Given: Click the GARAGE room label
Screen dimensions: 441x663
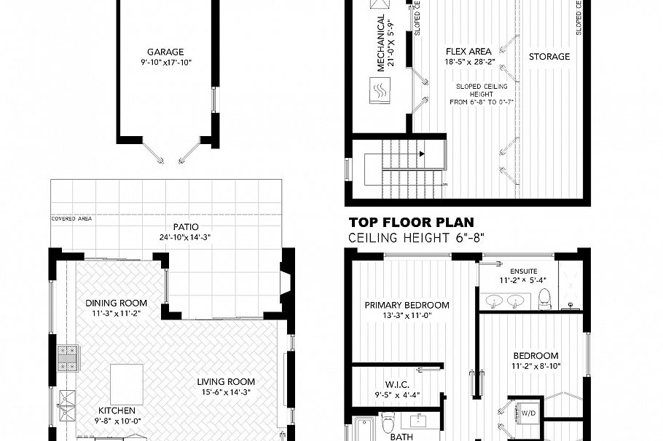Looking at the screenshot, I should [165, 52].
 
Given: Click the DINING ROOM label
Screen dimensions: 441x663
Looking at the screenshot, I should [116, 303].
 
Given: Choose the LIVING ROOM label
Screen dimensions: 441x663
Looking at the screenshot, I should [226, 381].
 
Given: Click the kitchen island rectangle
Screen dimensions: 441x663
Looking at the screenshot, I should [126, 379].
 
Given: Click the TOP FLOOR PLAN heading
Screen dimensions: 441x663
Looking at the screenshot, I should [411, 223].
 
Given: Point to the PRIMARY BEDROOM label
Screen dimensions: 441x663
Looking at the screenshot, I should [407, 305].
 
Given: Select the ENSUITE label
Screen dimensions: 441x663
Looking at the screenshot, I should [523, 270].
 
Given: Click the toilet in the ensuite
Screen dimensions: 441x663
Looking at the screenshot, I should [544, 298].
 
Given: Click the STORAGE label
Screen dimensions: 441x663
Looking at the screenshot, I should [549, 57].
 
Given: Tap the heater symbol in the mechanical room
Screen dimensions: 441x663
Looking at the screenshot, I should [380, 92].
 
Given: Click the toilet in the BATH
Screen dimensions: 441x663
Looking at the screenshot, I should [389, 421].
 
